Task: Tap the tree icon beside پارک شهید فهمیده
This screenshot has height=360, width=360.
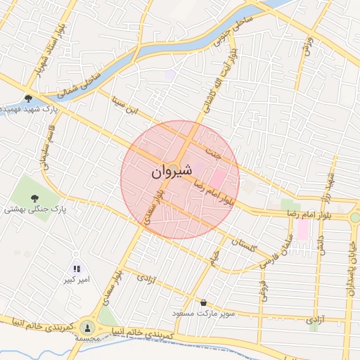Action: click(28, 98)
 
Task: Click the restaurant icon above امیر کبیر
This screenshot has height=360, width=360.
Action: click(77, 269)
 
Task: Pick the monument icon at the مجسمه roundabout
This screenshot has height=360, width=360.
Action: click(88, 327)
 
